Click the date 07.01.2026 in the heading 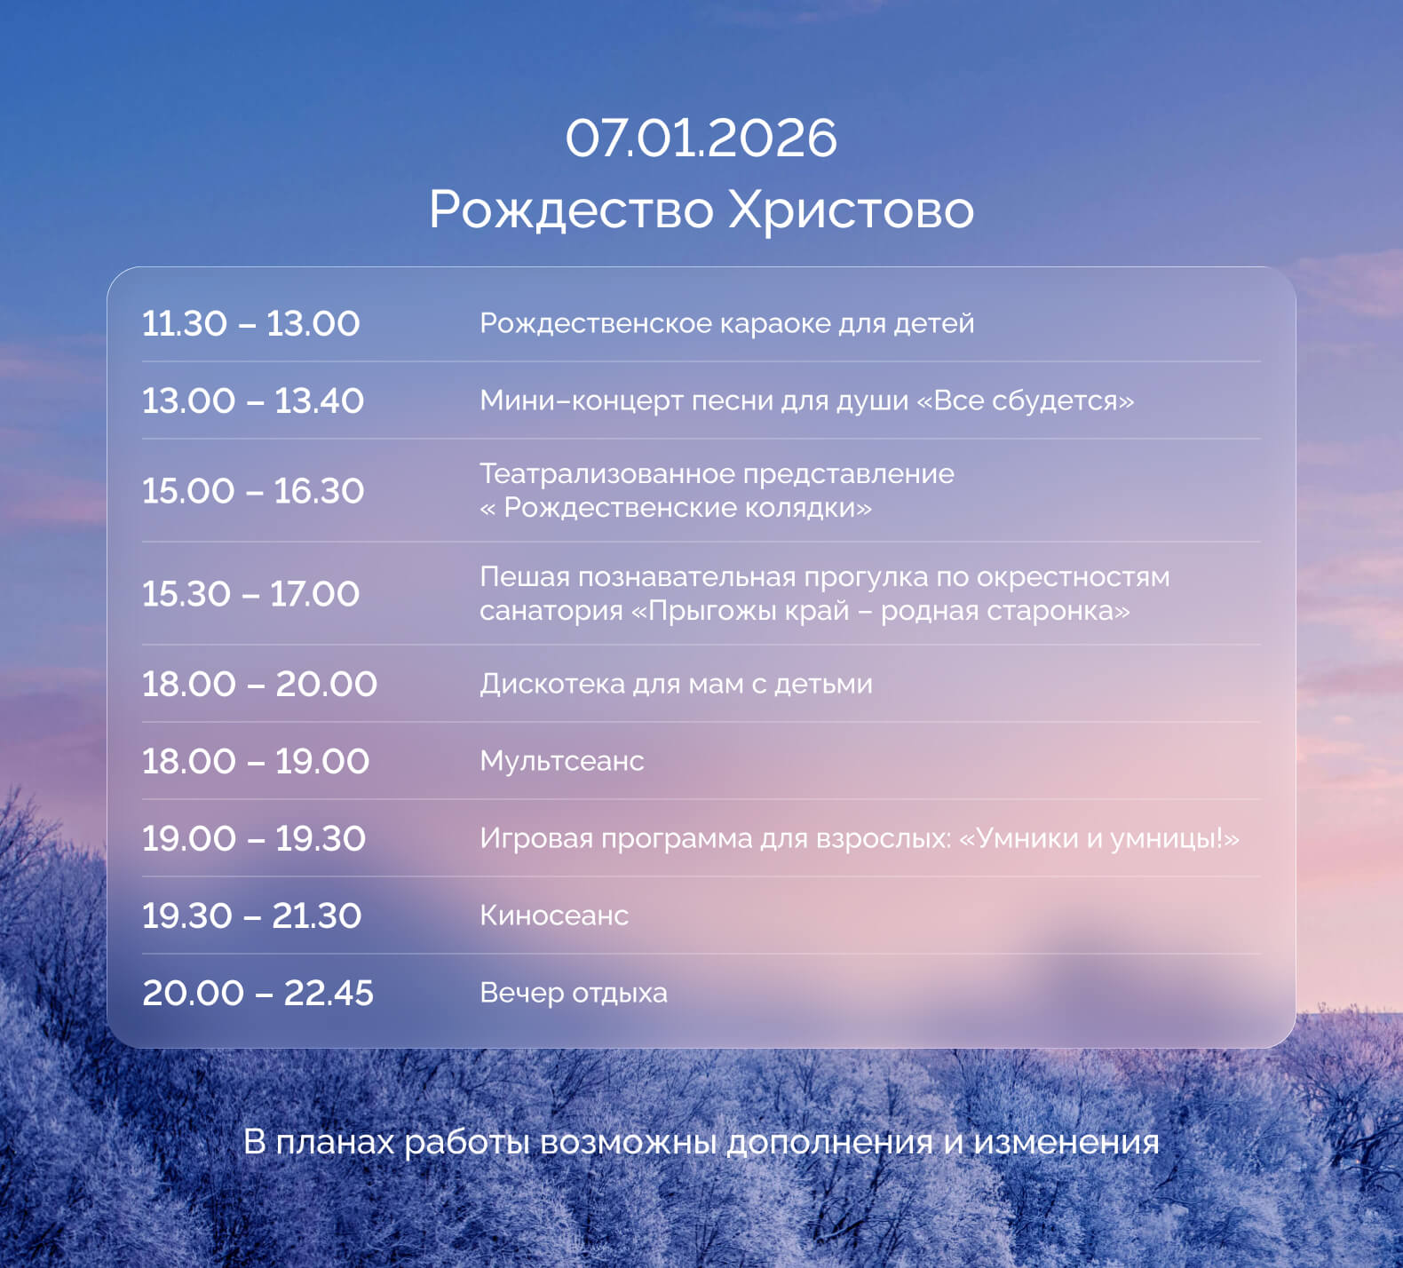pos(701,139)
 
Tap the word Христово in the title pos(851,210)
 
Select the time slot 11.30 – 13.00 pos(250,323)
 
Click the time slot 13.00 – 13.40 pos(252,400)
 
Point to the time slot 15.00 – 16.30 pos(252,491)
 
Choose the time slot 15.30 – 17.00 pos(250,594)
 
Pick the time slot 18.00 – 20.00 pos(259,684)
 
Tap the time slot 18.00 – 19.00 pos(255,761)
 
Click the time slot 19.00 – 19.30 pos(253,838)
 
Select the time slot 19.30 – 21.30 pos(251,915)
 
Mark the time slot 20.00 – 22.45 pos(258,993)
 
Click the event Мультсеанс pos(561,761)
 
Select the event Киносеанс pos(553,915)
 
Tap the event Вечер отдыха pos(573,993)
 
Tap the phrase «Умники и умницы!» pos(1099,838)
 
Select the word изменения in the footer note pos(1066,1142)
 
